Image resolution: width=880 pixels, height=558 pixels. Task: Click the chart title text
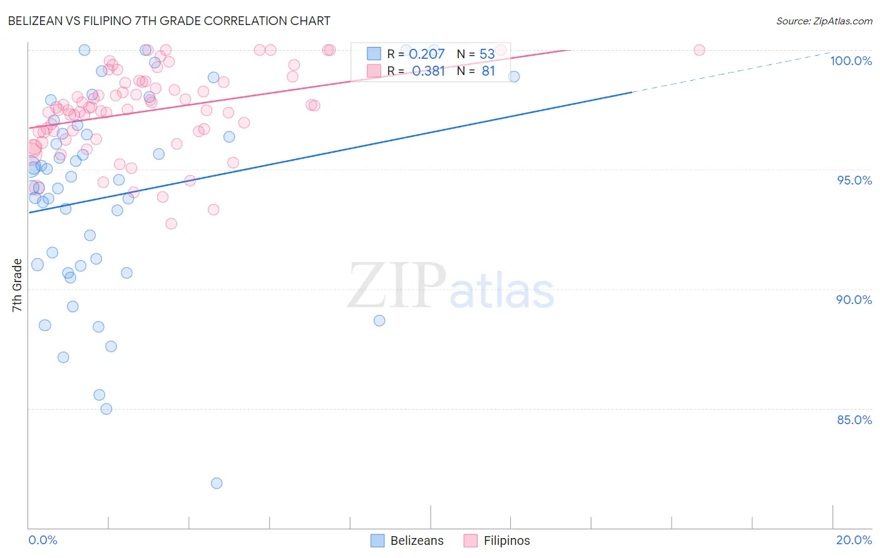(169, 21)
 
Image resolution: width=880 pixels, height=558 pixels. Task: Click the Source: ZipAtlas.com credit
(824, 21)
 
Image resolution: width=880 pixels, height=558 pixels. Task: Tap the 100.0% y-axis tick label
(851, 61)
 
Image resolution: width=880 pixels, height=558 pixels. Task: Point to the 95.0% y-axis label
(854, 180)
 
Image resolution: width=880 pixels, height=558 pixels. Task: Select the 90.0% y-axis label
(854, 300)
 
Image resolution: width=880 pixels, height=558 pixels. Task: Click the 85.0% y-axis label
(854, 420)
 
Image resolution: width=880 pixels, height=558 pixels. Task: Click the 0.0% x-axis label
(43, 540)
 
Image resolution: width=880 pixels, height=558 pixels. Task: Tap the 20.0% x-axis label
(854, 540)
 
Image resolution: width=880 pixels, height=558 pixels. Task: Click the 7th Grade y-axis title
(17, 285)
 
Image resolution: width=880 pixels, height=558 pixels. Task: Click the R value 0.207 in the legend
(426, 54)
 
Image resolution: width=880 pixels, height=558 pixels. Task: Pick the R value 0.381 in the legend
(428, 71)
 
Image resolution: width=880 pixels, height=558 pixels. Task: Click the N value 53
(487, 54)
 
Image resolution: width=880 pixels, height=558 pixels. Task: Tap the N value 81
(488, 71)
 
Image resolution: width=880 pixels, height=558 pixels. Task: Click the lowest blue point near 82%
(217, 483)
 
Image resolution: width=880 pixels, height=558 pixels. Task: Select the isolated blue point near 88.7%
(379, 320)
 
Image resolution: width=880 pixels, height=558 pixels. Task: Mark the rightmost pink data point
(699, 50)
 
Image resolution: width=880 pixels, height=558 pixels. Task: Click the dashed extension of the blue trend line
(732, 73)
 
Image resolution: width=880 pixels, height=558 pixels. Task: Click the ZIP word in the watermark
(397, 287)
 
